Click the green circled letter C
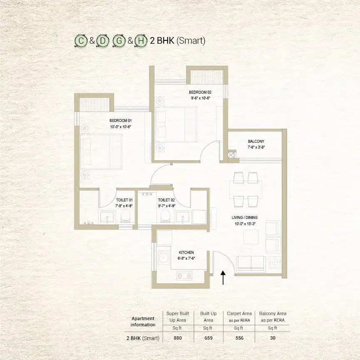tap(81, 41)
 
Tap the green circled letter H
tap(141, 41)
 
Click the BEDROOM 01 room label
tap(121, 121)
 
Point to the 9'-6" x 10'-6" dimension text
tap(200, 98)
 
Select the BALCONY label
tap(256, 141)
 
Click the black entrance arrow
tap(223, 278)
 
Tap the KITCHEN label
tap(186, 252)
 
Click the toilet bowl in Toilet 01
tap(125, 216)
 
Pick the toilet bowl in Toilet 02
tap(165, 216)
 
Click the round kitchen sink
tap(164, 258)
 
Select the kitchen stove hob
tap(184, 275)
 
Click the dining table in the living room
tap(246, 190)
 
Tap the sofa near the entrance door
tap(251, 263)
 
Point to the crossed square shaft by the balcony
tap(232, 154)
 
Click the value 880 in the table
tap(178, 338)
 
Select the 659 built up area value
tap(209, 338)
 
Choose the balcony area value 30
tap(273, 338)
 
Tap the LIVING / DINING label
tap(245, 217)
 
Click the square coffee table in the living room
tap(251, 237)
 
